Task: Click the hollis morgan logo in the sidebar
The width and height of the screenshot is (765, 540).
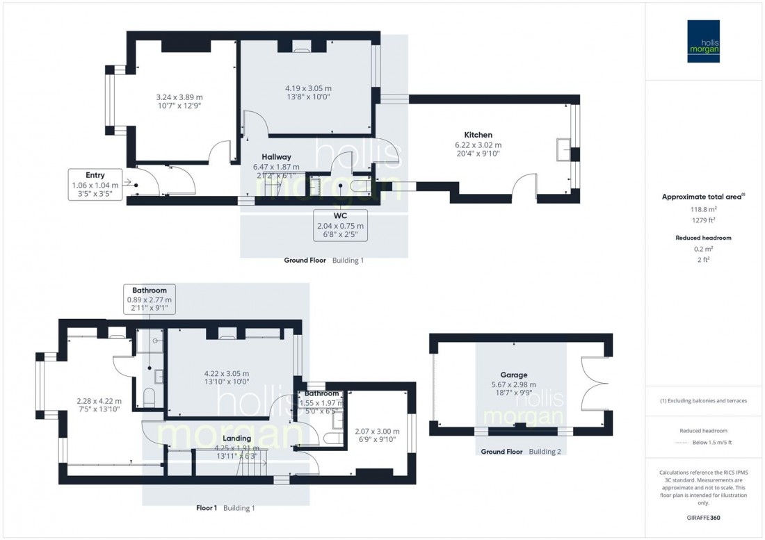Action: point(703,41)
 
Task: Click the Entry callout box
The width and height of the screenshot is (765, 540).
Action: point(95,184)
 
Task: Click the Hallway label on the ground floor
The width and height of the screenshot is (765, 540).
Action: point(276,157)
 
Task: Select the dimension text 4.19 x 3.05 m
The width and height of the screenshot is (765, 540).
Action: point(307,88)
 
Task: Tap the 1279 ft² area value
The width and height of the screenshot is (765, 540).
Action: point(703,221)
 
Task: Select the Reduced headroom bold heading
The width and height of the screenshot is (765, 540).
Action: point(703,238)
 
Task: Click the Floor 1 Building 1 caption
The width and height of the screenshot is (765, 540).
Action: point(225,508)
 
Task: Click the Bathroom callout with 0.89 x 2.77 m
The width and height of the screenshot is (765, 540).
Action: point(149,298)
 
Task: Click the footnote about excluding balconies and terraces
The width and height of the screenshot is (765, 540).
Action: point(703,401)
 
